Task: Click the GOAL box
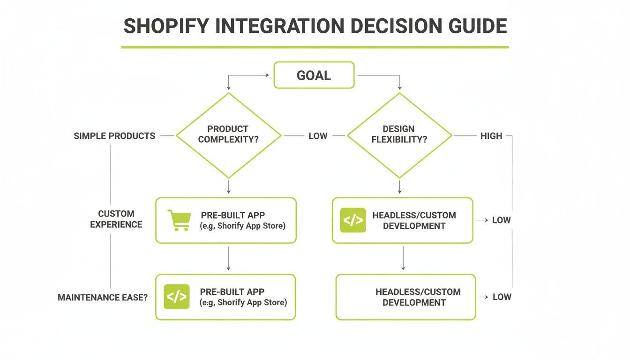tap(314, 75)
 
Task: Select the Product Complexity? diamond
tap(228, 135)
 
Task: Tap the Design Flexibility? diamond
tap(399, 135)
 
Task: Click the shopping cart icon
tap(179, 220)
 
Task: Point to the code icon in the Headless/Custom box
tap(352, 220)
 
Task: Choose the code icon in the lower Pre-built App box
tap(176, 297)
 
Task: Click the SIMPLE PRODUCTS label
tap(114, 136)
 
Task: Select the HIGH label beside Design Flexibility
tap(491, 136)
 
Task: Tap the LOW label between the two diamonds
tap(318, 136)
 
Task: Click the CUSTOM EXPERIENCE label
tap(116, 219)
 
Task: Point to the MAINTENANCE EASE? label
tap(102, 298)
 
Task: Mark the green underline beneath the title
tap(315, 47)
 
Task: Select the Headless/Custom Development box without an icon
tap(406, 297)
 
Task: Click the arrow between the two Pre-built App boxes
tap(228, 258)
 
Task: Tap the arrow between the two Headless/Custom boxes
tap(403, 259)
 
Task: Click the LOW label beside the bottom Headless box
tap(501, 297)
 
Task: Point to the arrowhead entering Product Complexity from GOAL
tap(228, 88)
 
